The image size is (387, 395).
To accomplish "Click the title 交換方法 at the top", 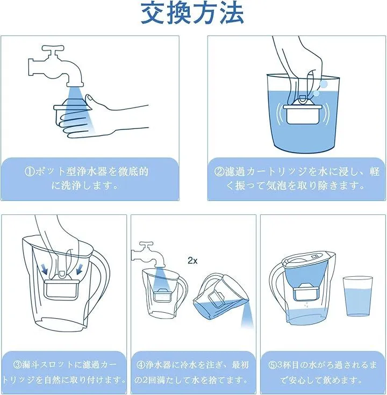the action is pyautogui.click(x=192, y=13).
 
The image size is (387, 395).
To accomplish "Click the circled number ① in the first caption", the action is pyautogui.click(x=30, y=172).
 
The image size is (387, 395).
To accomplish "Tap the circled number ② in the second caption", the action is pyautogui.click(x=219, y=172).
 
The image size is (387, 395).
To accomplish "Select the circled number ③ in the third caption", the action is pyautogui.click(x=18, y=365).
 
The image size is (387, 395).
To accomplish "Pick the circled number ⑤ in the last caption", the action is pyautogui.click(x=273, y=365).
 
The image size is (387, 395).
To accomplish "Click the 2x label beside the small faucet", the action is pyautogui.click(x=192, y=261).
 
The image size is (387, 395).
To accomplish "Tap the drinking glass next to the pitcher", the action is pyautogui.click(x=357, y=296).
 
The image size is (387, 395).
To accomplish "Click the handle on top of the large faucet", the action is pyautogui.click(x=53, y=48).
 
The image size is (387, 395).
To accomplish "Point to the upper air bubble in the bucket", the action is pyautogui.click(x=323, y=83).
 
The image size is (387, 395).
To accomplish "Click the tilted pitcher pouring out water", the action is pyautogui.click(x=221, y=297).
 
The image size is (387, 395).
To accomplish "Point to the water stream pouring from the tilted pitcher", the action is pyautogui.click(x=246, y=314).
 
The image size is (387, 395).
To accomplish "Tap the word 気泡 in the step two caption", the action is pyautogui.click(x=273, y=186).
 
